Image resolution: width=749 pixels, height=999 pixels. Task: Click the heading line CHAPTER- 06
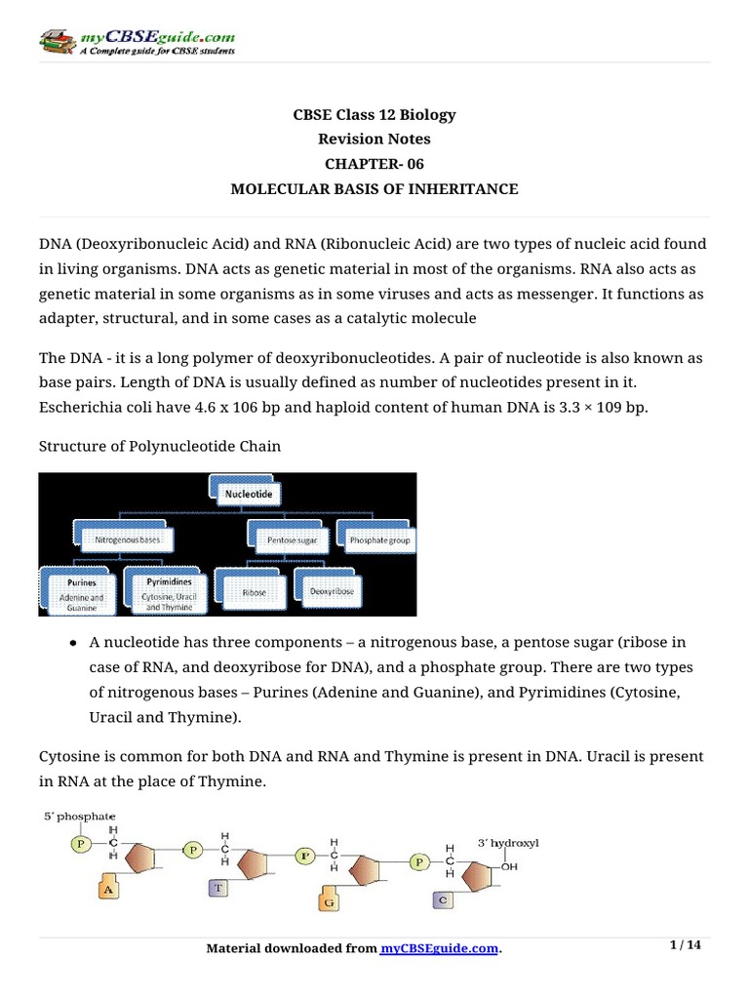pos(374,164)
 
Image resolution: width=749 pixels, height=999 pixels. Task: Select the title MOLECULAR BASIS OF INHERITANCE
pos(374,189)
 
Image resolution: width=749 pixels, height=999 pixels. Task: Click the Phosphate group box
pos(375,538)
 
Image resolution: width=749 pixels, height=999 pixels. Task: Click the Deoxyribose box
pos(337,590)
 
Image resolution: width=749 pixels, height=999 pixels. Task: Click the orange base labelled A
pos(110,889)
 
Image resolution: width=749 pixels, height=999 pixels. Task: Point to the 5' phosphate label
pos(78,816)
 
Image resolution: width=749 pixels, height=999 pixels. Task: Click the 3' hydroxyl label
pos(508,841)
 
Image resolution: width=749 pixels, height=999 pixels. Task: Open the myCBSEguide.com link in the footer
pos(439,948)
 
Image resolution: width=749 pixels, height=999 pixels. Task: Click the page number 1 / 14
pos(686,945)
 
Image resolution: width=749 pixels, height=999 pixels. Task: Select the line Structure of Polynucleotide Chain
pos(159,447)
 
